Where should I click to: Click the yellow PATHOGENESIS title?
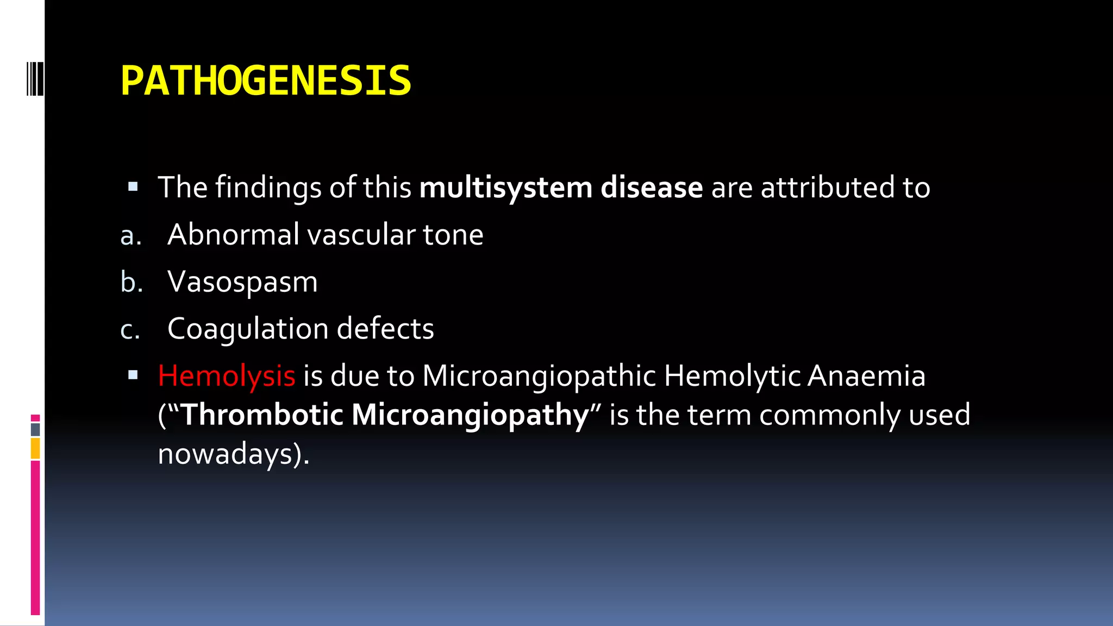coord(266,81)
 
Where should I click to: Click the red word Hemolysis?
coord(226,376)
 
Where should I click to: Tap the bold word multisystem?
coord(505,188)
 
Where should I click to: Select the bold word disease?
coord(652,187)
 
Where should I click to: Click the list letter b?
coord(131,283)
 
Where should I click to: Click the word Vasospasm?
coord(242,283)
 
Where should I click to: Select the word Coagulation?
coord(248,329)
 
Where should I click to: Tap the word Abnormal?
coord(233,235)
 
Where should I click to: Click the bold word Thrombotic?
coord(262,415)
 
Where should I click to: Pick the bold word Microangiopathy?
coord(470,416)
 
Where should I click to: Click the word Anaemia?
coord(866,376)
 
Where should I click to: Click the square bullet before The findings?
coord(133,187)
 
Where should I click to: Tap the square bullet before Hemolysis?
coord(133,375)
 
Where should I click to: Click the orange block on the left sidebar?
coord(35,449)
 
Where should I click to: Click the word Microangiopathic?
coord(539,376)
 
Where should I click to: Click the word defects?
coord(385,329)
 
